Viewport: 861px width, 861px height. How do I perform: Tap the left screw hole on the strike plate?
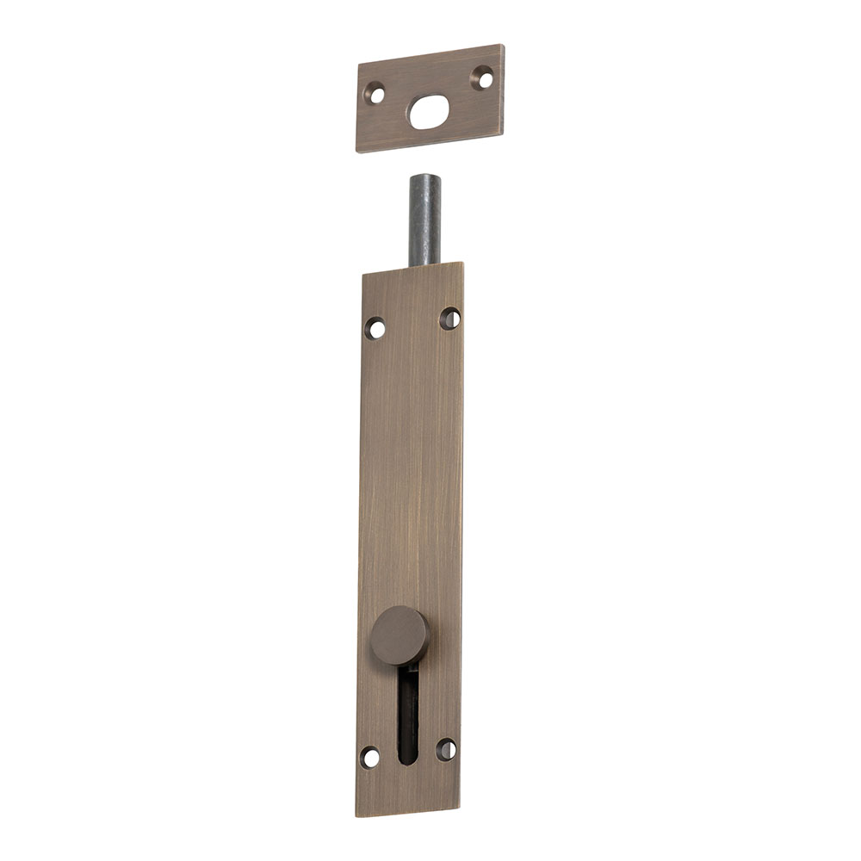pyautogui.click(x=375, y=93)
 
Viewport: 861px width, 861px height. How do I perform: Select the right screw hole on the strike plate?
pyautogui.click(x=483, y=78)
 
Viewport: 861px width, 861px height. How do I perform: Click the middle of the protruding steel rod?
pyautogui.click(x=424, y=220)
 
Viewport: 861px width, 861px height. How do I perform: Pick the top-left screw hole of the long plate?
pyautogui.click(x=375, y=328)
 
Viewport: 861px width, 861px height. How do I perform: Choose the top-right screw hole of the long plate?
pyautogui.click(x=449, y=319)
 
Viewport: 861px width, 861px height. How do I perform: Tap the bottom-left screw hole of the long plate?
pyautogui.click(x=370, y=758)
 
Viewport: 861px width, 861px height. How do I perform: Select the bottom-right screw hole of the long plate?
pyautogui.click(x=446, y=749)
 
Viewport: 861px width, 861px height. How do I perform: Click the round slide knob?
pyautogui.click(x=400, y=635)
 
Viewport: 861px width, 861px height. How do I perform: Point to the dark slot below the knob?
pyautogui.click(x=409, y=710)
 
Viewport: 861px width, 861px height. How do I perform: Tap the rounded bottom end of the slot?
pyautogui.click(x=409, y=759)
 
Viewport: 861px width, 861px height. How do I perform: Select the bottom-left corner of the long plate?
pyautogui.click(x=356, y=814)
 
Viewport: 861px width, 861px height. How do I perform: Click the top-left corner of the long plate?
pyautogui.click(x=362, y=275)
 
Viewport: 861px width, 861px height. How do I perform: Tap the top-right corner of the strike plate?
pyautogui.click(x=503, y=46)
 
